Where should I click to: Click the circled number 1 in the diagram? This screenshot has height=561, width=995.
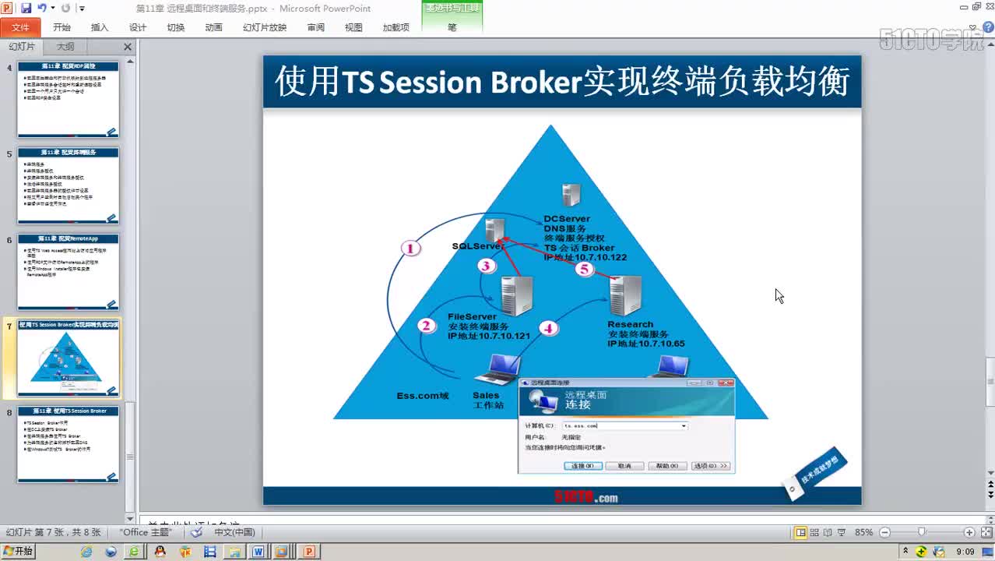[410, 249]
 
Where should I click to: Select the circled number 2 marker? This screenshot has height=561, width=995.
[426, 326]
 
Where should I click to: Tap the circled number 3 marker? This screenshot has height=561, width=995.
[487, 266]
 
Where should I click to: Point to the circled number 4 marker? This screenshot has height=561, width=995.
[549, 328]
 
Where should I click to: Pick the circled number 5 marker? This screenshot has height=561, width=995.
[584, 270]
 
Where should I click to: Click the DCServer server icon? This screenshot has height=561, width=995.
[571, 196]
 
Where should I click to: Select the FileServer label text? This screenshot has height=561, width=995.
[472, 316]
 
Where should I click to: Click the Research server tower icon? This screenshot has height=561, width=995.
[626, 296]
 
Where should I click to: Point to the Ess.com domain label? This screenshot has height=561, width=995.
[423, 396]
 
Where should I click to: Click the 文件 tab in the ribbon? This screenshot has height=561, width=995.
[20, 27]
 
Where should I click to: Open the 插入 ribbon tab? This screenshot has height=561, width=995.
[100, 27]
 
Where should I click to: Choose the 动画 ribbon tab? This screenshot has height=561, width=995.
[213, 27]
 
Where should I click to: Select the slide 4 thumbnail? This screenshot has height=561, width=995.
[69, 100]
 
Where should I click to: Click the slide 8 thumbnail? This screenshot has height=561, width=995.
[69, 443]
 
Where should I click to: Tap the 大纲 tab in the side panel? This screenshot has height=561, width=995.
[65, 47]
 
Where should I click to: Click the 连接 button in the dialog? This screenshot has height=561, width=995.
[582, 466]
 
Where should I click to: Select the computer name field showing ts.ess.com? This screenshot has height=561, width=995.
[623, 425]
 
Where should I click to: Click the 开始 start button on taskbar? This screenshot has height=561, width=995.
[19, 551]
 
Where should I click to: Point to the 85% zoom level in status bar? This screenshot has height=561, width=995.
[863, 532]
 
